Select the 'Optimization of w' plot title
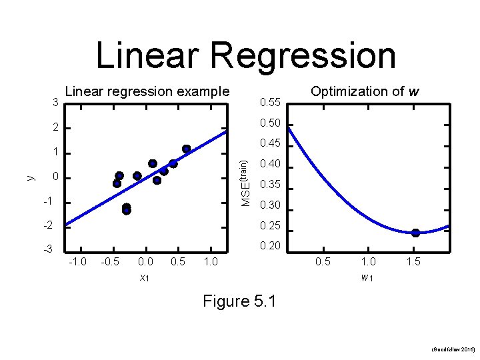point(365,91)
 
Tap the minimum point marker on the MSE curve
point(415,233)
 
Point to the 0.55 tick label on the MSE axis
point(269,103)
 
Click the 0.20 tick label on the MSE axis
point(269,247)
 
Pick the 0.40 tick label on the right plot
point(269,164)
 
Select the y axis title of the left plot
point(30,177)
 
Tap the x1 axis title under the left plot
point(145,278)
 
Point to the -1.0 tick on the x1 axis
point(78,262)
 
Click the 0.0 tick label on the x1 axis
point(145,262)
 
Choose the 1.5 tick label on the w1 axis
point(413,262)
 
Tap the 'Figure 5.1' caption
point(240,301)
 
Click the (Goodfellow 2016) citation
point(453,349)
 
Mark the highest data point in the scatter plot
point(187,149)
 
